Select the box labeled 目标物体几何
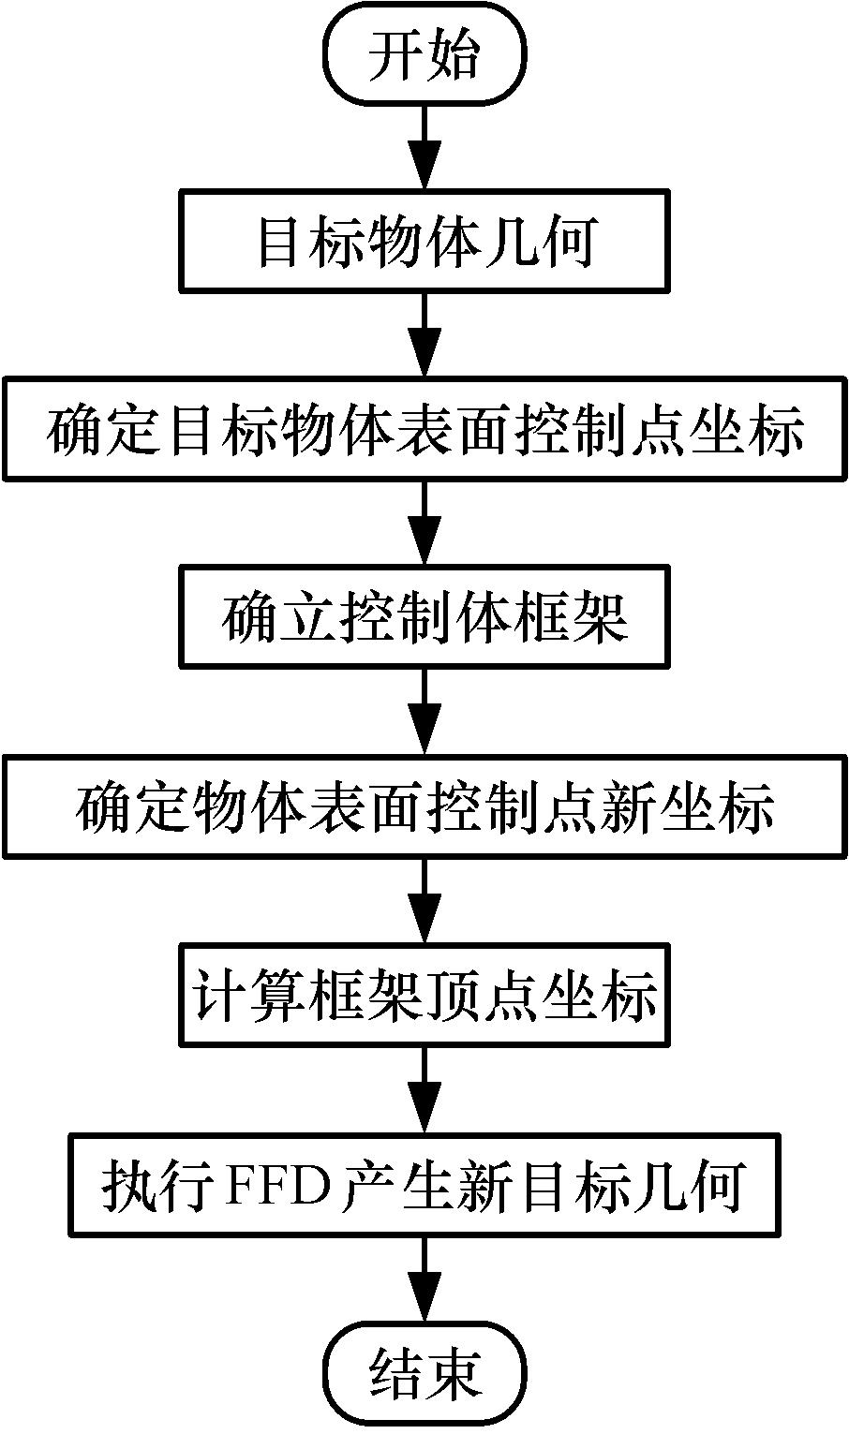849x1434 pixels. pos(424,243)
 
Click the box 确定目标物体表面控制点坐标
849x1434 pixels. pos(424,429)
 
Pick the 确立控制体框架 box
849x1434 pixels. pos(424,616)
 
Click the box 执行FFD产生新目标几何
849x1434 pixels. pos(424,1185)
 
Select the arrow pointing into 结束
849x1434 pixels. pos(424,1279)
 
